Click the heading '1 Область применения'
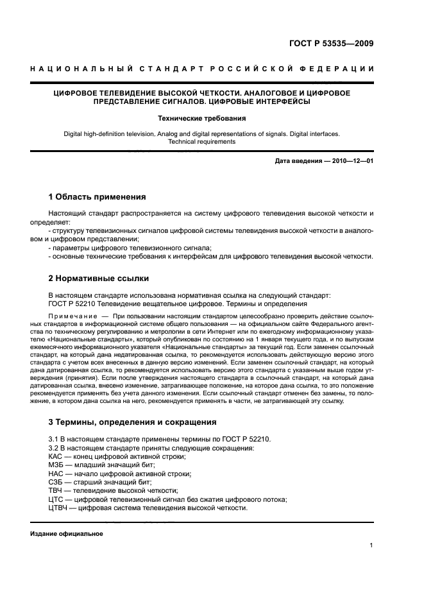tap(98, 196)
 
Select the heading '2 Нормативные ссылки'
tap(99, 279)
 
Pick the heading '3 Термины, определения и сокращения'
tap(133, 422)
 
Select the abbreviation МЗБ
tap(56, 465)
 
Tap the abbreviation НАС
tap(56, 473)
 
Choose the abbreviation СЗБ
tap(56, 481)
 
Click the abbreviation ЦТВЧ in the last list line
tap(59, 507)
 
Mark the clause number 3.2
tap(55, 448)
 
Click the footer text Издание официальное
tap(67, 534)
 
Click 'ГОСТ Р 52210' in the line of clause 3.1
tap(248, 440)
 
